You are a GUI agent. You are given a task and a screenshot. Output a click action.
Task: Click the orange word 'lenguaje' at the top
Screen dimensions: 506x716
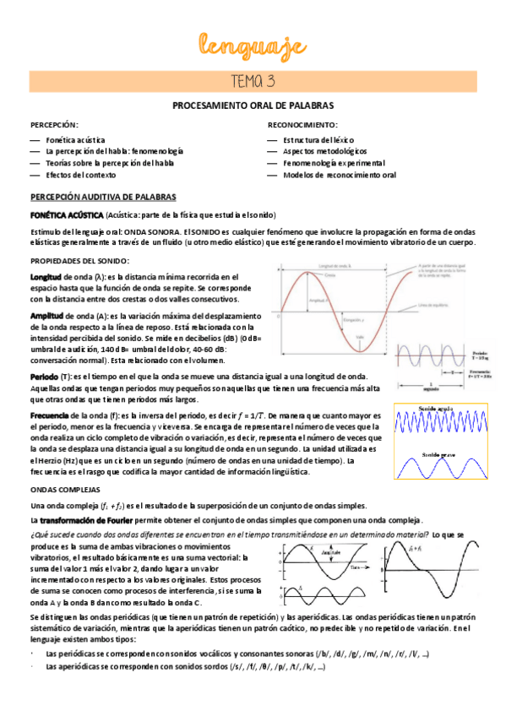253,45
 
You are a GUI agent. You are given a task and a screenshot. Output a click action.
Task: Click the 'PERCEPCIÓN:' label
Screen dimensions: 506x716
54,124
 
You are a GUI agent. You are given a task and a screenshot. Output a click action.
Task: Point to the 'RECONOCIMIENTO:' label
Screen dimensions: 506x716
301,124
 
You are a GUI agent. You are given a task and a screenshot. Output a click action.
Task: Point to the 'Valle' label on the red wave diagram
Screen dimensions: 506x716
361,337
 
